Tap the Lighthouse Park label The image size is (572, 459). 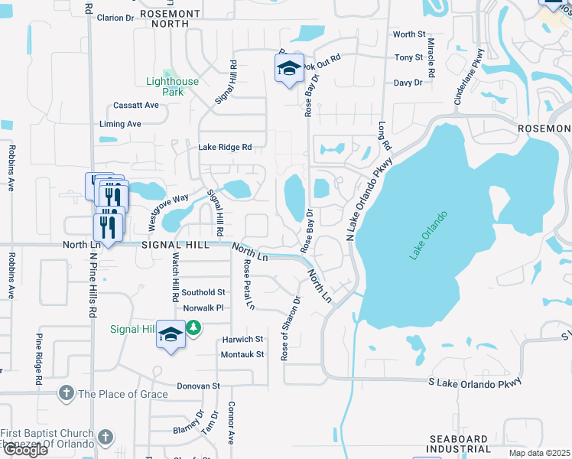[x=173, y=86]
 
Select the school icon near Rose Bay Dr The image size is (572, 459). [x=289, y=70]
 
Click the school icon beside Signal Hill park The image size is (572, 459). [x=171, y=334]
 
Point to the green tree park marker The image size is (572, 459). [x=194, y=328]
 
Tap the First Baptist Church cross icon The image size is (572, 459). [x=106, y=438]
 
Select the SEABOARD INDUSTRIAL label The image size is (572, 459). [x=458, y=444]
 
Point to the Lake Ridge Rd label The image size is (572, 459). [x=225, y=147]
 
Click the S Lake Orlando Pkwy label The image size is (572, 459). [x=474, y=380]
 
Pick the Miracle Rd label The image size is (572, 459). [x=431, y=57]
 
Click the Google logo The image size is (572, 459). [x=24, y=449]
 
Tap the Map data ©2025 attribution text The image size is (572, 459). [x=540, y=453]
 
